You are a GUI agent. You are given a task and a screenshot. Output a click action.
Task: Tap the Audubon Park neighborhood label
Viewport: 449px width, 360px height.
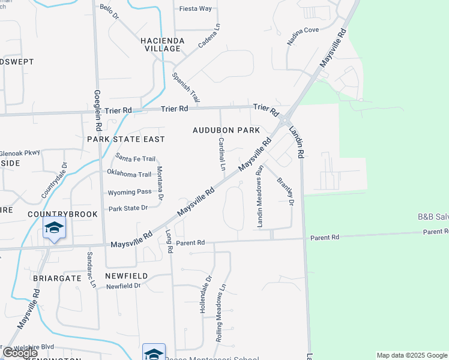(x=226, y=130)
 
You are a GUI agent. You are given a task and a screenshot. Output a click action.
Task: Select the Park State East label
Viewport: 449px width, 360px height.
(x=125, y=139)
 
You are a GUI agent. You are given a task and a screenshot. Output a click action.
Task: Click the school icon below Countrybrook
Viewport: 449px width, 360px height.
(x=54, y=229)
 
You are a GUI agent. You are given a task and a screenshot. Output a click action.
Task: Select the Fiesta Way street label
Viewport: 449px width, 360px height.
(x=196, y=9)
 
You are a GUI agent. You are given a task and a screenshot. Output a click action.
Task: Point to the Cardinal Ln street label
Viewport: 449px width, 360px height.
(x=221, y=154)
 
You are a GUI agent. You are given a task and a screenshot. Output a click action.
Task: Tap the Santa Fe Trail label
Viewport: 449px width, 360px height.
(x=136, y=159)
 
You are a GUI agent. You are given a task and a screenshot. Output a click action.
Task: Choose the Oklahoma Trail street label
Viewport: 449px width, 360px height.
(x=129, y=175)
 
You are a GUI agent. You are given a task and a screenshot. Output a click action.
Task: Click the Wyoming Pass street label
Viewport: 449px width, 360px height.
(x=130, y=193)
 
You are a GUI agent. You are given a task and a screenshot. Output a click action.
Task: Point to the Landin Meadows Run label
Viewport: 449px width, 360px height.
(x=260, y=196)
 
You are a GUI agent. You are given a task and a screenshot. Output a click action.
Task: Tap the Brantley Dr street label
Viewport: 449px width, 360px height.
(x=285, y=191)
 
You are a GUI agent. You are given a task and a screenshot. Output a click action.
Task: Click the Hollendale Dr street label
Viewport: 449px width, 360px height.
(x=209, y=290)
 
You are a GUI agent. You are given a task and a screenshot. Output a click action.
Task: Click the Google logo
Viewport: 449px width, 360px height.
(x=19, y=353)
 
